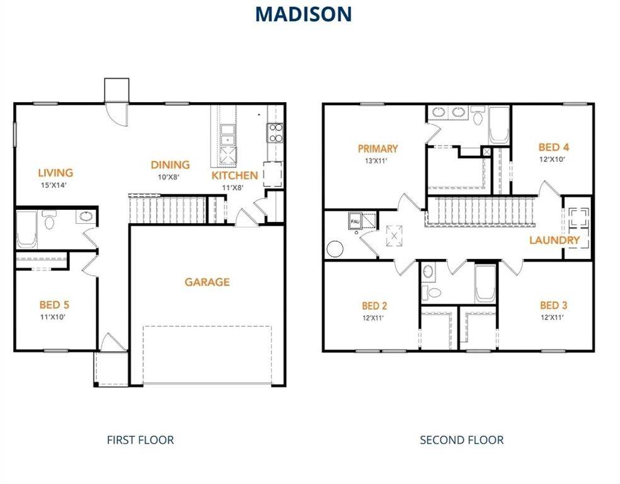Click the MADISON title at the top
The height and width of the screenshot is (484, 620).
[x=304, y=14]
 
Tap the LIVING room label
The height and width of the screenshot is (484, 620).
[x=55, y=173]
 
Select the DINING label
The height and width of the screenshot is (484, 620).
[x=170, y=165]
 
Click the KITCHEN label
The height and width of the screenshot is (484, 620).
[x=234, y=175]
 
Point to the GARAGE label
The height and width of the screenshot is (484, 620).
[x=207, y=282]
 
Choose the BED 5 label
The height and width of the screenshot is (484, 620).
[x=55, y=305]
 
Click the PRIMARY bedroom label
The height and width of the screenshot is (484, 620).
[x=378, y=149]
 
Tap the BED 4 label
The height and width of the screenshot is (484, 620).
[x=554, y=147]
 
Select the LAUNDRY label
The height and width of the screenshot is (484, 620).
[x=554, y=240]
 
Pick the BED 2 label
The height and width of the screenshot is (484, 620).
[x=374, y=306]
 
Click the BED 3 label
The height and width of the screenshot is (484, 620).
[x=553, y=306]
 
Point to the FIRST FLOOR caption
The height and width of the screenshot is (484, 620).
[x=140, y=440]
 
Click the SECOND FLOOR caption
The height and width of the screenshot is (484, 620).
[x=462, y=440]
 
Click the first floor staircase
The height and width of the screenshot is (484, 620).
[x=168, y=208]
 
